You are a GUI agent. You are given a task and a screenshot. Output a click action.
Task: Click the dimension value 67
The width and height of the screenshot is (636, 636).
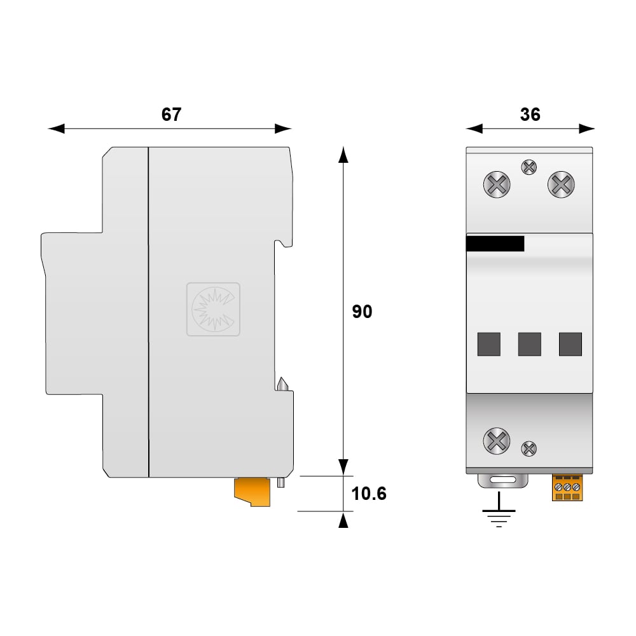click(171, 114)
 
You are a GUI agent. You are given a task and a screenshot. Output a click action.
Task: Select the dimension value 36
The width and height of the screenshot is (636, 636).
click(530, 114)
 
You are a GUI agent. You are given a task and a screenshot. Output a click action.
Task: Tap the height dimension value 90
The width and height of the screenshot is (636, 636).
click(362, 312)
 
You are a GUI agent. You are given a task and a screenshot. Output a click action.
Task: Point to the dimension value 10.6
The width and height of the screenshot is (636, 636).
click(369, 494)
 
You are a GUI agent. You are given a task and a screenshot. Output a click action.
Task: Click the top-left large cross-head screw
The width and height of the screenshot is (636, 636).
click(497, 184)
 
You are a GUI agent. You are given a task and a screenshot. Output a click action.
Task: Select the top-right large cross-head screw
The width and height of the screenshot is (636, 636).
click(561, 184)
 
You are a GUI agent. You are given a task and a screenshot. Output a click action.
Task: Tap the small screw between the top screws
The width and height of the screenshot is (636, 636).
click(529, 167)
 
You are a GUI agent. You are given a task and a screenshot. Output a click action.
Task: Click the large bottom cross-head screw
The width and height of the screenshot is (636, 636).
click(497, 441)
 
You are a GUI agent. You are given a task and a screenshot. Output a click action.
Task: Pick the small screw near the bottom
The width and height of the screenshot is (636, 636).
click(529, 448)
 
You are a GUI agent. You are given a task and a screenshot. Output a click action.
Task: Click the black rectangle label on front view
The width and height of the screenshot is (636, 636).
click(495, 244)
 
